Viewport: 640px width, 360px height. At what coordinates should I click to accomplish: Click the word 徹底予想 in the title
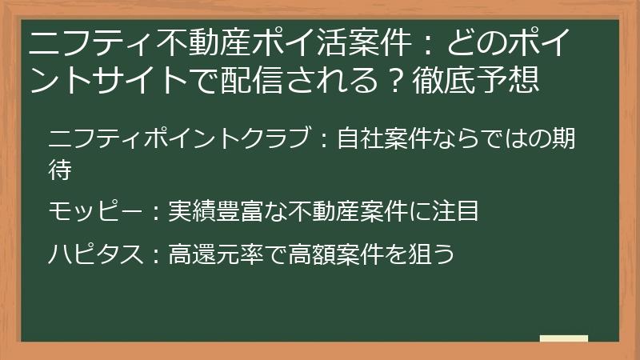[476, 78]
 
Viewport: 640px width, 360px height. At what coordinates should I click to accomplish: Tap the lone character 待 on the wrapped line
[60, 170]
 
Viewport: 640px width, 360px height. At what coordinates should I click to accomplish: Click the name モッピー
[95, 211]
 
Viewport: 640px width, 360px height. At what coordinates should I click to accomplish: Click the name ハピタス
[95, 254]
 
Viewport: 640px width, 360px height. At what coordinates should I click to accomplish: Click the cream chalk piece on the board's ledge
[564, 338]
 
